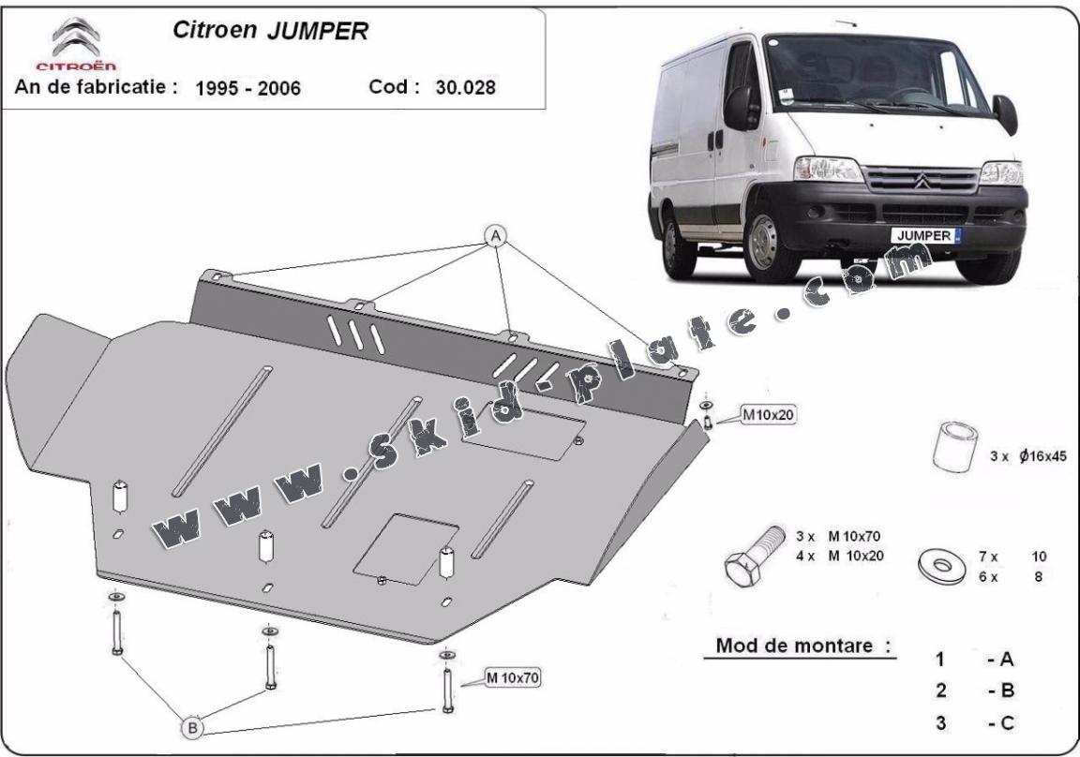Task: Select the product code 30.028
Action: click(x=466, y=88)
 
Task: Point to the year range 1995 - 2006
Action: click(x=247, y=89)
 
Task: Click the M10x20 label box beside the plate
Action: click(x=769, y=413)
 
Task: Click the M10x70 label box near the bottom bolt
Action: click(x=512, y=676)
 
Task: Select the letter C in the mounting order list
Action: click(x=1007, y=722)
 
